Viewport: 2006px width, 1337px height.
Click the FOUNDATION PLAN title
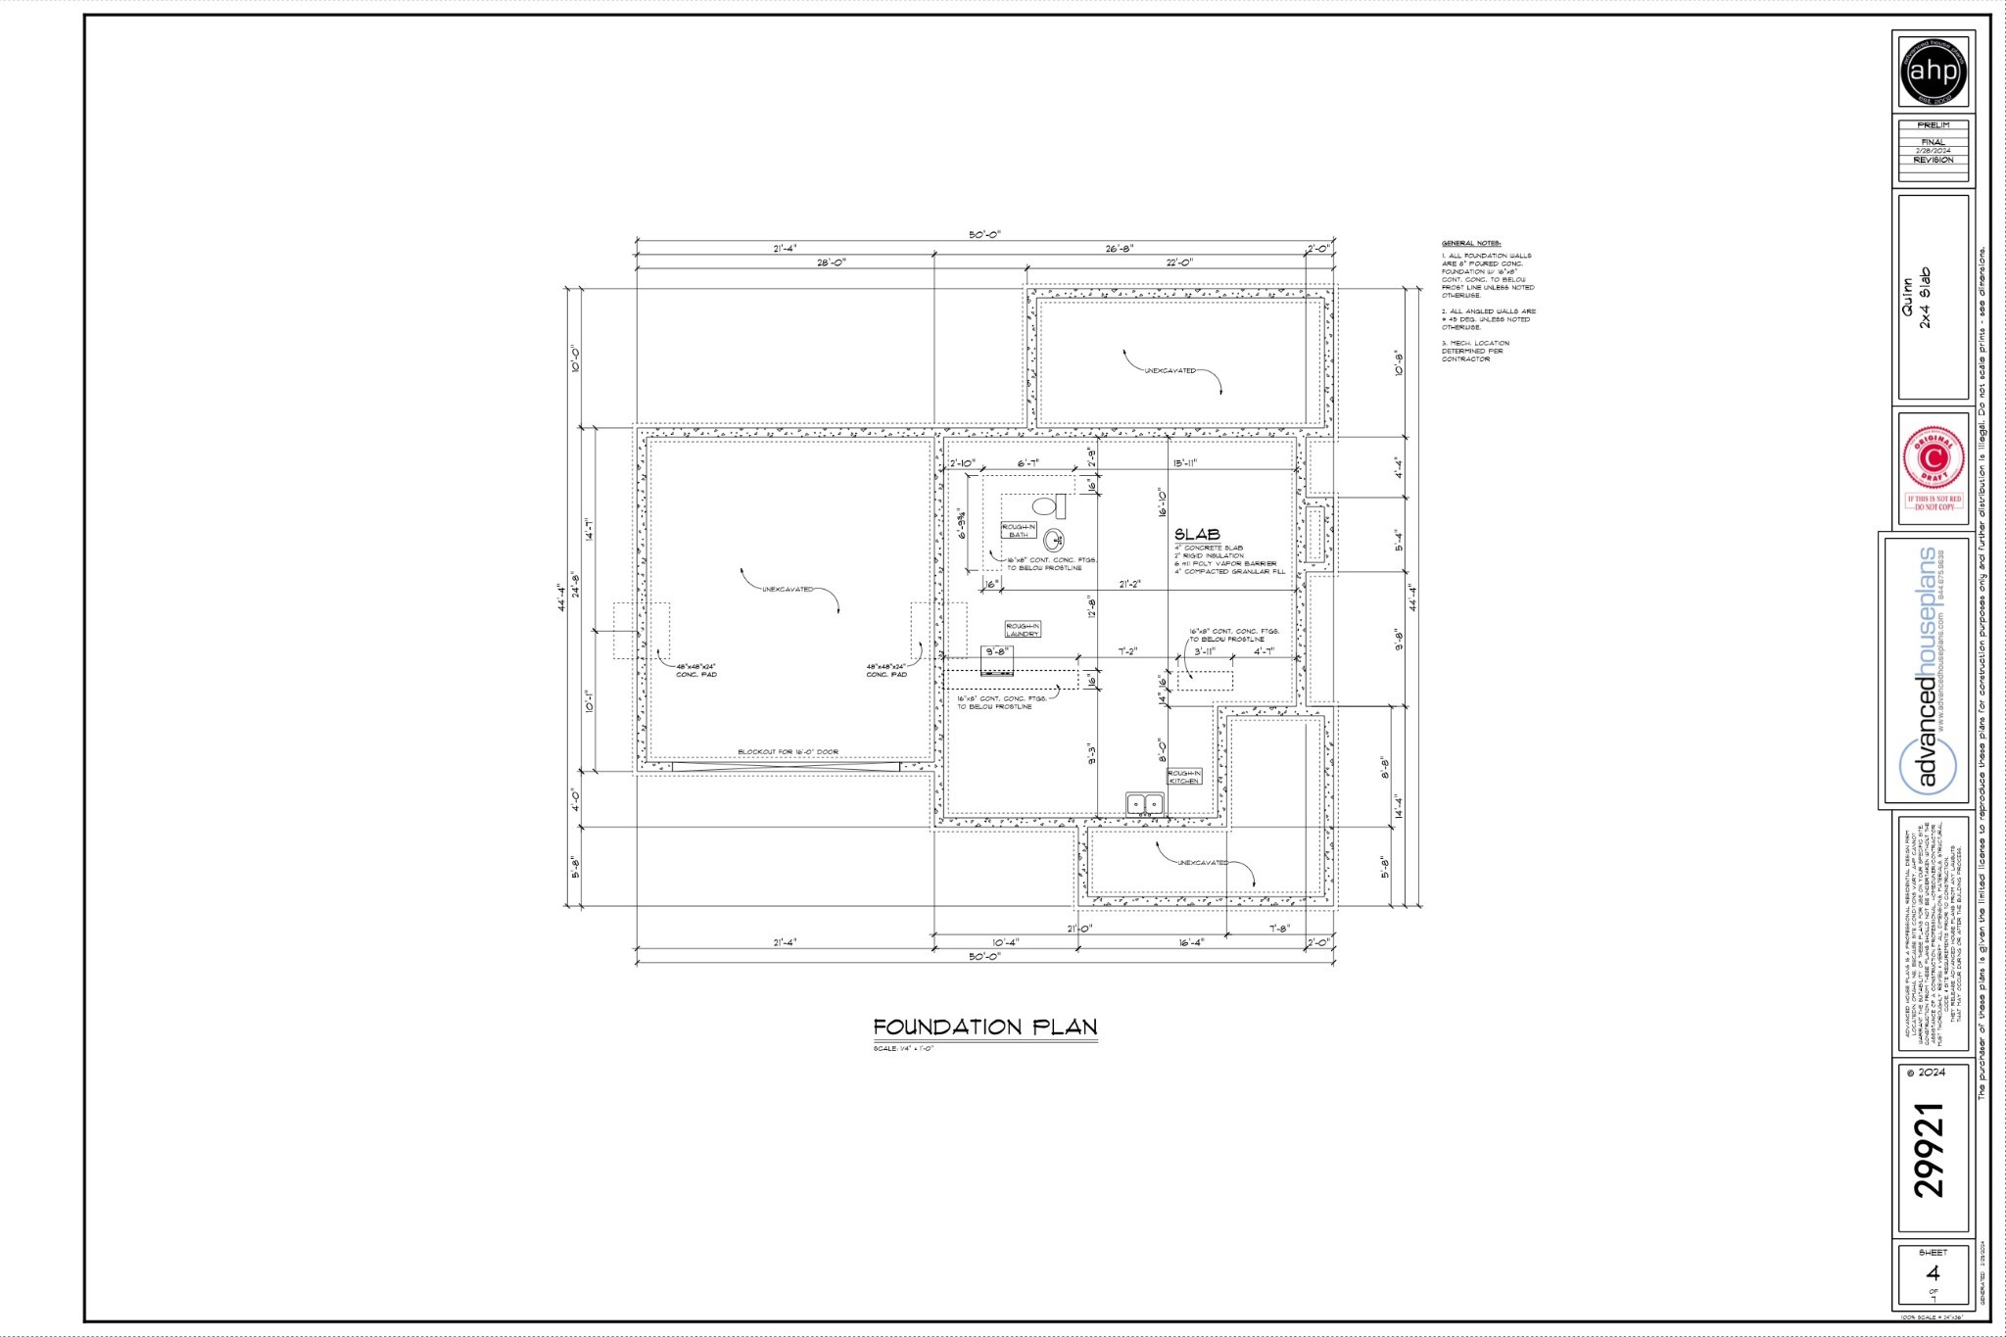(984, 1027)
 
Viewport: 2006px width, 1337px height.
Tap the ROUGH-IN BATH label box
(1018, 530)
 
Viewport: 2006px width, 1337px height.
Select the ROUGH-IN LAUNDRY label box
(1022, 630)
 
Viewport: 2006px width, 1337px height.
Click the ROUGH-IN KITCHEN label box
(1183, 777)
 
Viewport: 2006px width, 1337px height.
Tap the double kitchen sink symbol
(1144, 804)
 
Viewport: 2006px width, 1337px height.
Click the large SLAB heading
(1197, 535)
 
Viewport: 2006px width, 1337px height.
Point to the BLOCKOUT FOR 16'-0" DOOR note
(788, 752)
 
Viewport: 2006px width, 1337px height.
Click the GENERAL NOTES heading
(1471, 243)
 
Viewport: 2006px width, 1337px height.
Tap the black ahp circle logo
(1934, 72)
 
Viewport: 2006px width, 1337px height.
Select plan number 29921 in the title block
(1930, 1150)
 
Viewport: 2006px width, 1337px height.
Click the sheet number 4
(1933, 1273)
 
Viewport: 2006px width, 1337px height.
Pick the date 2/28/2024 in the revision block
(1933, 150)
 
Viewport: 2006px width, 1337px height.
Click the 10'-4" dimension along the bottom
(1005, 942)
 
